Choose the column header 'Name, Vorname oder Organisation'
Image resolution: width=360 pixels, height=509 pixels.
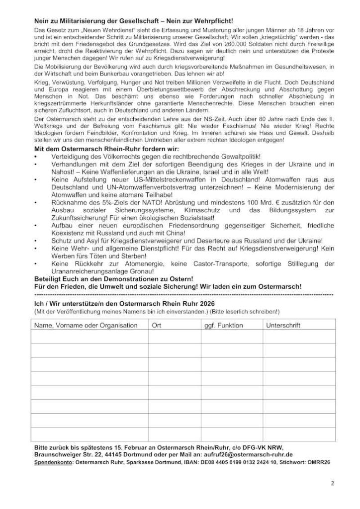coord(85,325)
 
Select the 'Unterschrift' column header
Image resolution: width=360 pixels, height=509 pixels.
coord(283,325)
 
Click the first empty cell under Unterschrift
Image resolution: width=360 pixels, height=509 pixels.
coord(298,337)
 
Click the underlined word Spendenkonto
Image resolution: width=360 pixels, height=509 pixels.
coord(53,462)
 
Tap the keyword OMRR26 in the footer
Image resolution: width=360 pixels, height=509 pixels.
coord(319,462)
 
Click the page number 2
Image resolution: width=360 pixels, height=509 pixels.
coord(332,483)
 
